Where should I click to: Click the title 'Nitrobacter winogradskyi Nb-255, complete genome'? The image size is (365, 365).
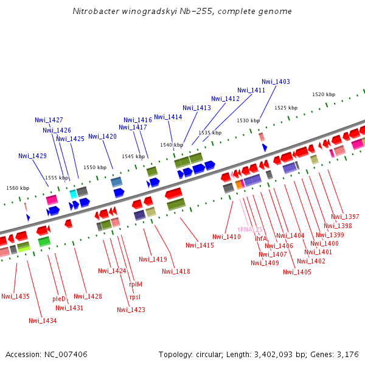coord(182,11)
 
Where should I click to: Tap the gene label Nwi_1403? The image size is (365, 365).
coord(276,82)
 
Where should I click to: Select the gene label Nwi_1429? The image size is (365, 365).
coord(32,156)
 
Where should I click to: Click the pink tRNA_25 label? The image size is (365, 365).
coord(250,229)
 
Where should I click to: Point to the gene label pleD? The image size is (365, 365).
coord(59,299)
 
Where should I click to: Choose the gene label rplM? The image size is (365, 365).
coord(136,283)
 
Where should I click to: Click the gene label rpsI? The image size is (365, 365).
coord(134,297)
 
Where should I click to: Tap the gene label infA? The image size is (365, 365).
coord(260,238)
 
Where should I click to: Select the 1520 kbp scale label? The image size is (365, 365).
coord(324,94)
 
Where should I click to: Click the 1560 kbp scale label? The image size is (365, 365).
coord(18,188)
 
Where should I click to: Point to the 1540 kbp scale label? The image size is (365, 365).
coord(172,145)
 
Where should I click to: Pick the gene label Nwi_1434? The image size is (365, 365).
coord(43,321)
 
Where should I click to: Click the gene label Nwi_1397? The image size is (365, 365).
coord(345,217)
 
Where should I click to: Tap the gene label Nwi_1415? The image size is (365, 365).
coord(200,245)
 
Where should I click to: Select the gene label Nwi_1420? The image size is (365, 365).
coord(102,136)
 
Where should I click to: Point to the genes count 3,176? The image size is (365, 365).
coord(347,354)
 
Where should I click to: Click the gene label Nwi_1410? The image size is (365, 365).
coord(226,237)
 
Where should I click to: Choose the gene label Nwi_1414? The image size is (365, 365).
coord(168,117)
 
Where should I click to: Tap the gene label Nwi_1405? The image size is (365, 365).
coord(297,272)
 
